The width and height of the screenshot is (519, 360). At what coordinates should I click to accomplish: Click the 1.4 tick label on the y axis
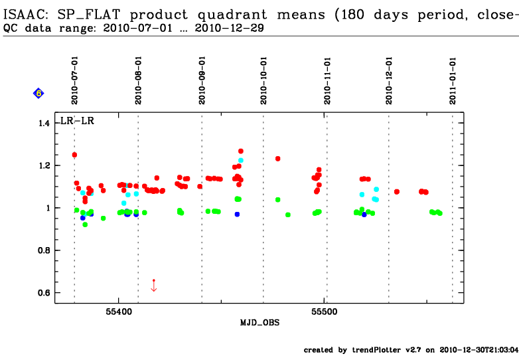click(x=44, y=124)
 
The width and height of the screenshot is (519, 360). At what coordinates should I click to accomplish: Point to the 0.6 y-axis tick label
click(x=44, y=293)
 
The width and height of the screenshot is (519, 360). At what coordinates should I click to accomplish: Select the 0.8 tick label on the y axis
click(x=44, y=250)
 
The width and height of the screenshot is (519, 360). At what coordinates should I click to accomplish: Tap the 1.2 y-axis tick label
click(x=44, y=165)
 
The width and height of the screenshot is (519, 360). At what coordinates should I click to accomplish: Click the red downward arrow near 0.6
click(x=154, y=286)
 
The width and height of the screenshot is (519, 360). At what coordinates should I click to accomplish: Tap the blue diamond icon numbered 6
click(x=38, y=94)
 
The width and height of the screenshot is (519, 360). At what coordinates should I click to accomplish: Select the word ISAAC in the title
click(x=25, y=14)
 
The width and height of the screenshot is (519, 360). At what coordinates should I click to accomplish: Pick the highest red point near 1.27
click(x=241, y=151)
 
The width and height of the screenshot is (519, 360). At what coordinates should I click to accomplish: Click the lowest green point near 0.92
click(x=85, y=225)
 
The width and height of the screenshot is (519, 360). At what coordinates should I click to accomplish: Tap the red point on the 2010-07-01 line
click(x=74, y=155)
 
